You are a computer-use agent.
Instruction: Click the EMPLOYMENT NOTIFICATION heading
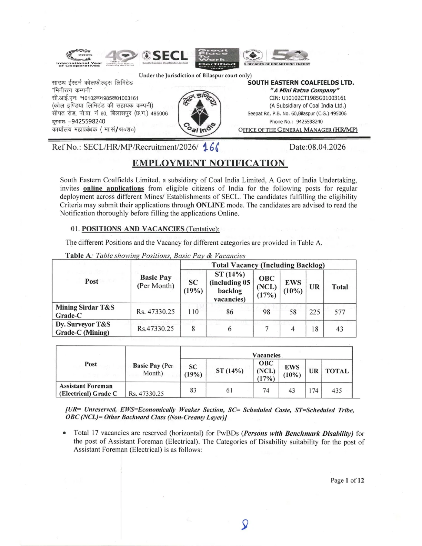[x=210, y=163]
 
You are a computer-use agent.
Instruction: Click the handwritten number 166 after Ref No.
[x=211, y=148]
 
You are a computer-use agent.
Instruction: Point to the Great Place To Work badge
[x=217, y=57]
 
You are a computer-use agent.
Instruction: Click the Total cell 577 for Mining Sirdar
[x=340, y=312]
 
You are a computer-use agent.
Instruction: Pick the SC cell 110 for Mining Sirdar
[x=193, y=312]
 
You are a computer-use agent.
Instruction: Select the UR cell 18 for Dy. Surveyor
[x=314, y=329]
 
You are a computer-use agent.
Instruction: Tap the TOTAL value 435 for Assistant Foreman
[x=336, y=391]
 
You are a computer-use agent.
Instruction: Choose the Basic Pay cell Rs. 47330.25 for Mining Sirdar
[x=155, y=312]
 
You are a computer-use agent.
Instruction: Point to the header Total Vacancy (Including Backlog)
[x=268, y=265]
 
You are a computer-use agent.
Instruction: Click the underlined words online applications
[x=113, y=189]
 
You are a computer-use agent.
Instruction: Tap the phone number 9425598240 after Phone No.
[x=309, y=122]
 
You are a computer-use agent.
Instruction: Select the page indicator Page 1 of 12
[x=347, y=480]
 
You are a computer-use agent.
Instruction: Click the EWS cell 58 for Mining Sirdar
[x=293, y=312]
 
